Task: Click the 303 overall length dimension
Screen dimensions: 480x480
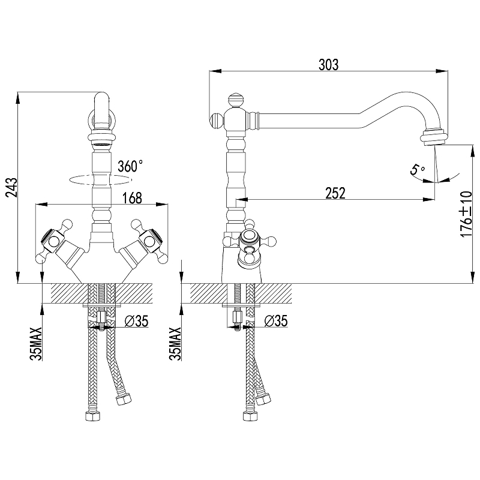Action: pos(328,65)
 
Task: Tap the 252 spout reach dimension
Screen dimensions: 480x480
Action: pos(335,193)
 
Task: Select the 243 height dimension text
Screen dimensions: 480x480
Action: pos(12,187)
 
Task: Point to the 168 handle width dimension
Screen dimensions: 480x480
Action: pos(132,198)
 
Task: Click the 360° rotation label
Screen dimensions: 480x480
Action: pos(130,166)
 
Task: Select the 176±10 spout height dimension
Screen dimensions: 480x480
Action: pos(466,214)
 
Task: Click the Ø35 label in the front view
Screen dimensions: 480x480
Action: pos(136,321)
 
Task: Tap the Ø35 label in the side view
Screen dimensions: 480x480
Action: pos(276,321)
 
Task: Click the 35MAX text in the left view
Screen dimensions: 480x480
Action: pos(36,344)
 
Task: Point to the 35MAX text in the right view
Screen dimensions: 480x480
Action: pos(175,344)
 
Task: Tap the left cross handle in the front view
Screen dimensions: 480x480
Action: pos(55,241)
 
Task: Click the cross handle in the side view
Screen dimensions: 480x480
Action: pos(250,241)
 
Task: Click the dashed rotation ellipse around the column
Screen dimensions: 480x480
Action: pos(101,180)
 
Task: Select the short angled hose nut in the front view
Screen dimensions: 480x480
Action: pos(124,398)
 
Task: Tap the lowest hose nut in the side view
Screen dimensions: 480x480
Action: pos(250,416)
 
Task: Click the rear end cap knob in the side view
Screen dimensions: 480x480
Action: pos(217,121)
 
